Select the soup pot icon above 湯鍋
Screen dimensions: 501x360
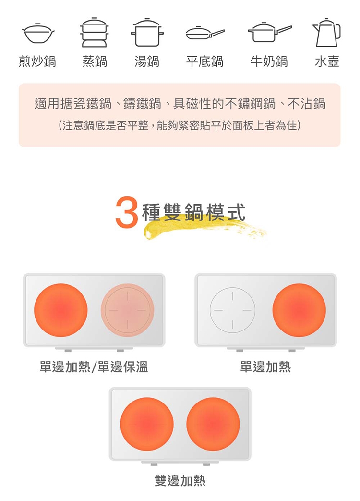point(147,33)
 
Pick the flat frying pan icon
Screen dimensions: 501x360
point(204,34)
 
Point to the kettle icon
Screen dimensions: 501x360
point(327,33)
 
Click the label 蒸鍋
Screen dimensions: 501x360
point(95,61)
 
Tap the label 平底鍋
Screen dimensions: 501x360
point(204,61)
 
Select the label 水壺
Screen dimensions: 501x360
point(327,61)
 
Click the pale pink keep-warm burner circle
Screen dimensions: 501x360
point(127,310)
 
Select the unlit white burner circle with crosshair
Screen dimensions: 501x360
point(233,310)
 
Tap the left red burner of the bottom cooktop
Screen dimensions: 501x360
point(147,424)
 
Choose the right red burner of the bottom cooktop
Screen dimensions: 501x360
point(213,424)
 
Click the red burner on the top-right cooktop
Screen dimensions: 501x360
point(299,310)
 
